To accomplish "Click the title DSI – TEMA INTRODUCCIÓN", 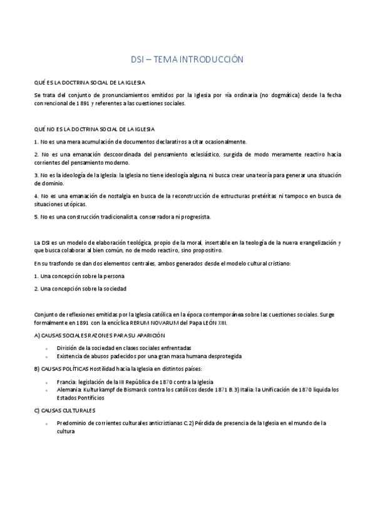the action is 187,59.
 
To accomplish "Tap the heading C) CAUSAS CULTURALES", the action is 64,410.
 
